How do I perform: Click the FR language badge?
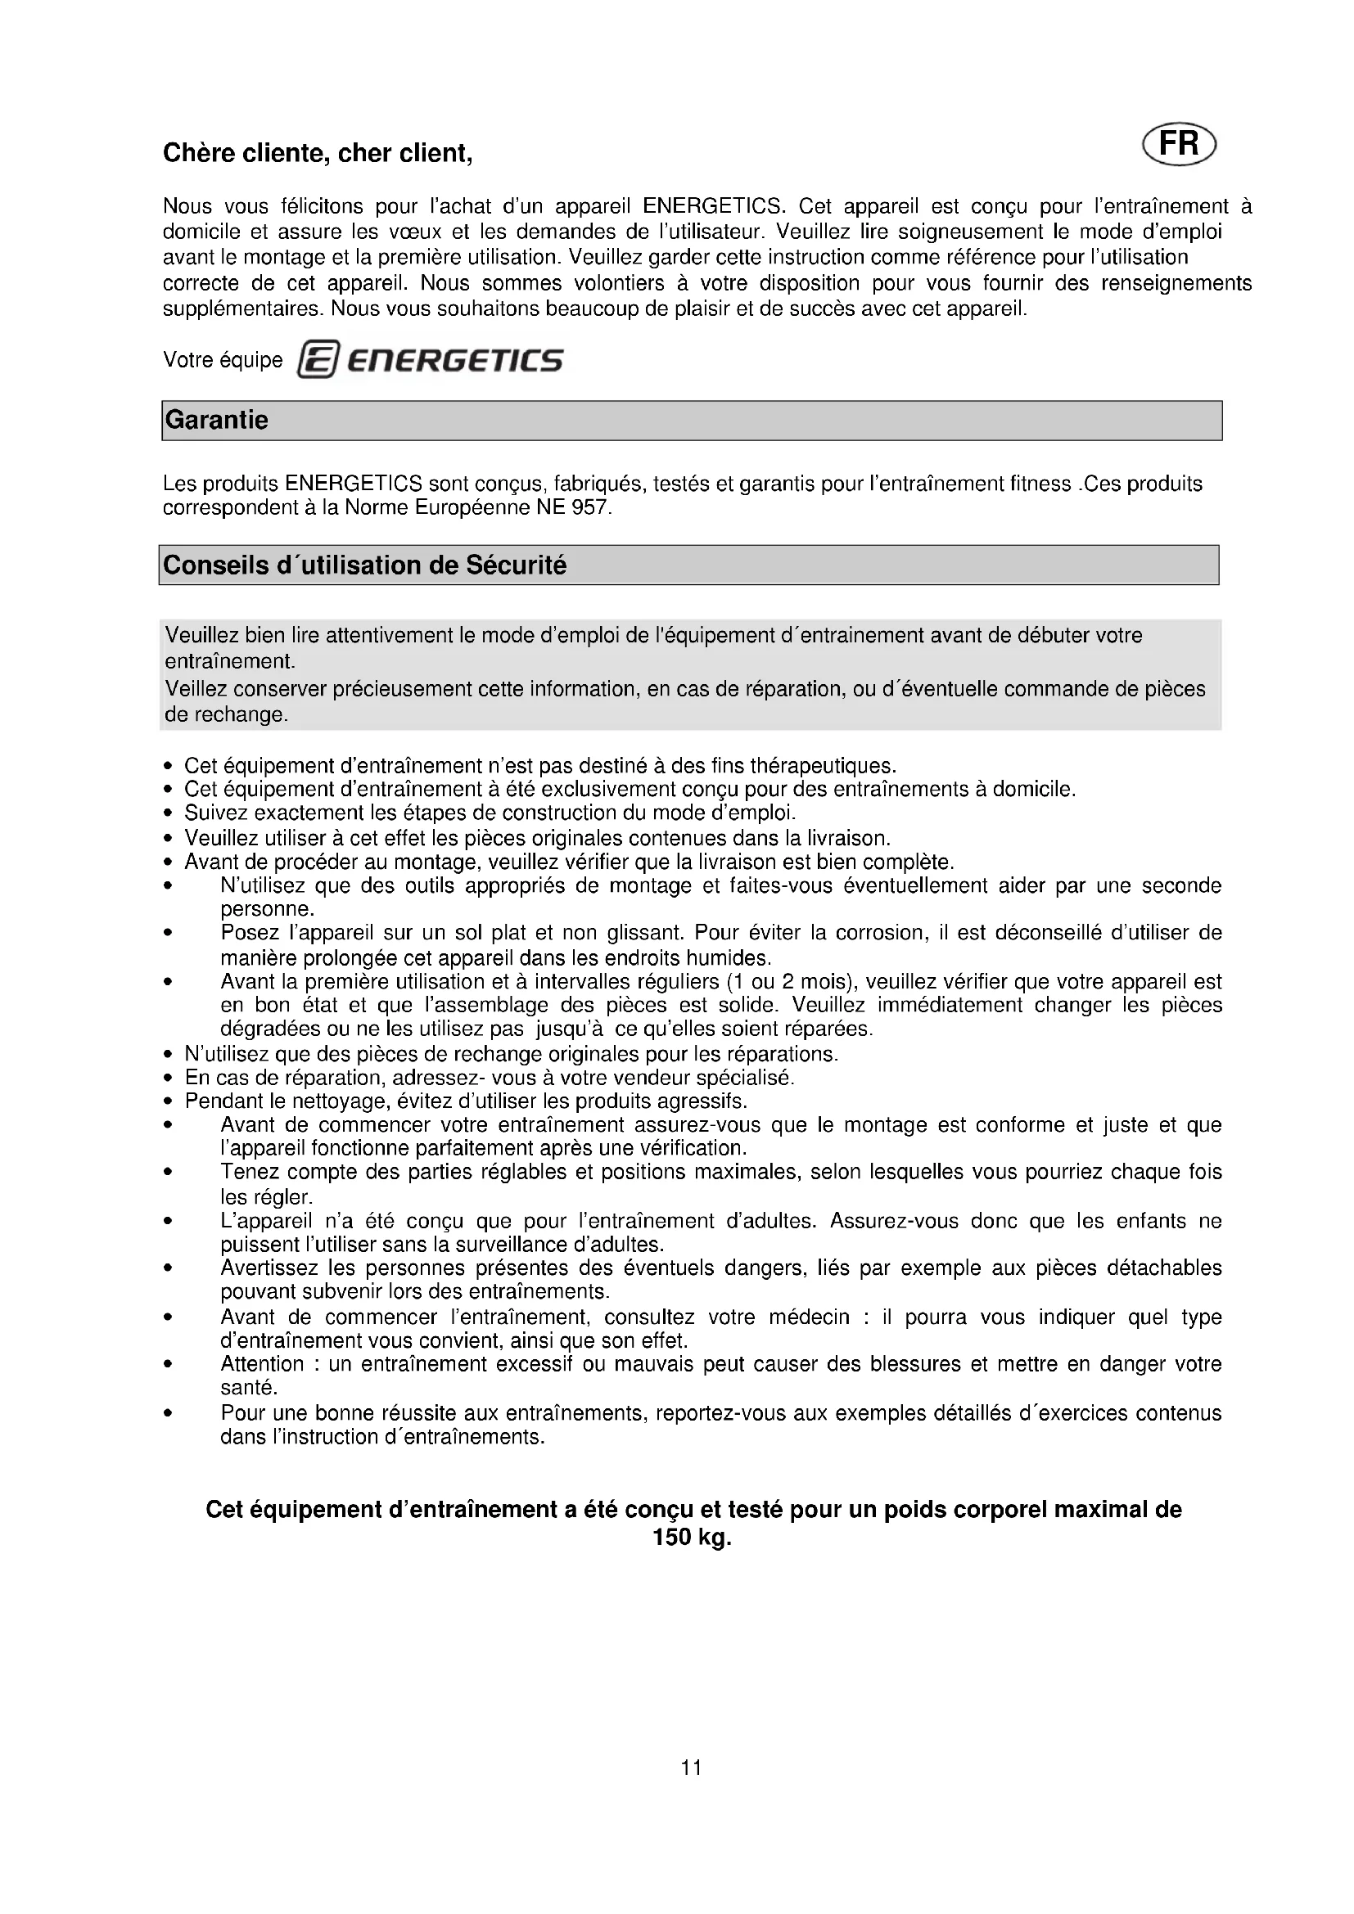pos(1179,144)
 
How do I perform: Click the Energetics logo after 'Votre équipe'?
pos(431,360)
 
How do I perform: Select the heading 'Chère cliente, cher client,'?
pos(318,153)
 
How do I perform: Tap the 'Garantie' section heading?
pos(217,419)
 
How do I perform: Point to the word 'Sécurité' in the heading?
pos(516,565)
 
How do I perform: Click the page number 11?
pos(691,1768)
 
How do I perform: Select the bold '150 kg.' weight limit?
pos(691,1538)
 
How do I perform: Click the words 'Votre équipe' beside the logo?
pos(223,360)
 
